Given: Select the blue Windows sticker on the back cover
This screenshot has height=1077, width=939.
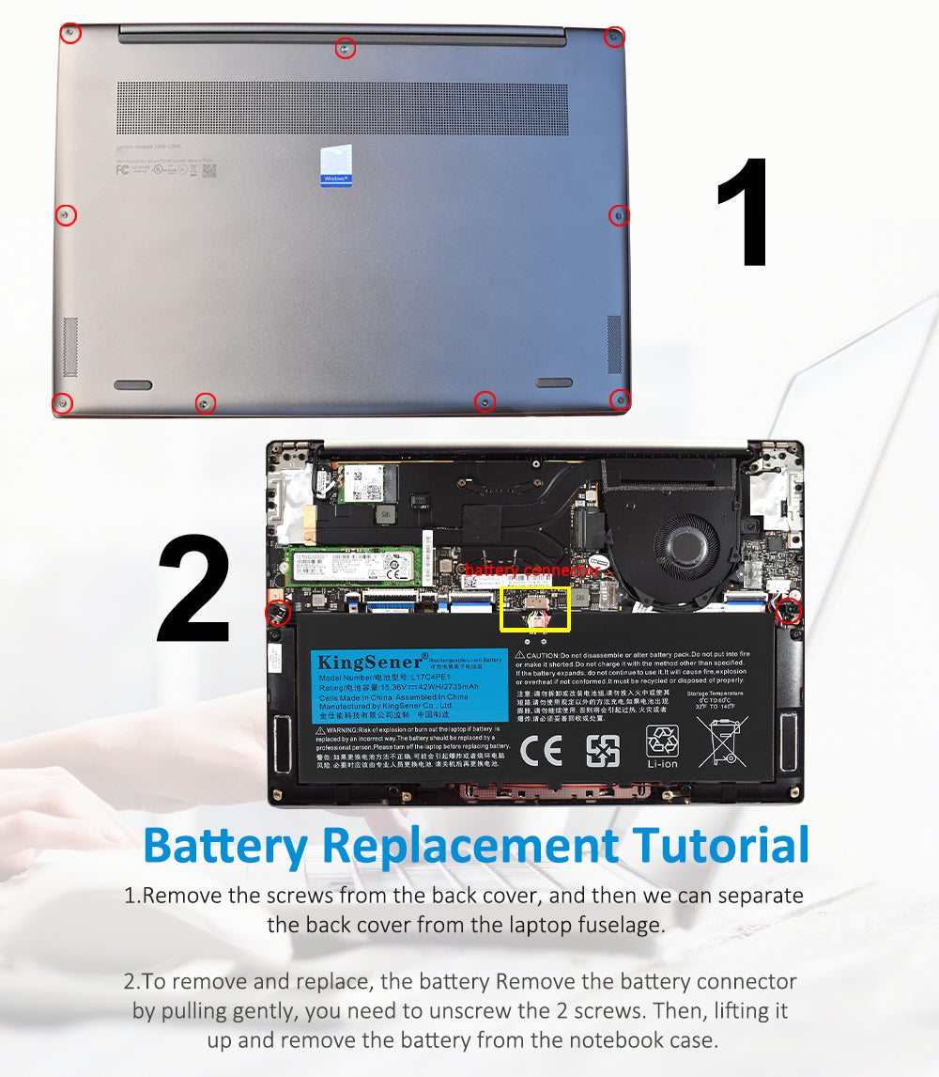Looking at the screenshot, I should tap(335, 165).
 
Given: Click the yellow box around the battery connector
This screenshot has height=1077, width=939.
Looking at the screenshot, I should tap(535, 609).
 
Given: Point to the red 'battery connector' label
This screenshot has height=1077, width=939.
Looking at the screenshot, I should tap(531, 570).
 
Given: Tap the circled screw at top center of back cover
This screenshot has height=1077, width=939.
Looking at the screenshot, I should tap(346, 48).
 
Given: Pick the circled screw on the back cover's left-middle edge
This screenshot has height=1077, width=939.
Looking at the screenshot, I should tap(65, 215).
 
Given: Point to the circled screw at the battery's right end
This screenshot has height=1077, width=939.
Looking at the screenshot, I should tap(789, 610).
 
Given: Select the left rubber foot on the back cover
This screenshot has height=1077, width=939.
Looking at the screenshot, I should tap(132, 384).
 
